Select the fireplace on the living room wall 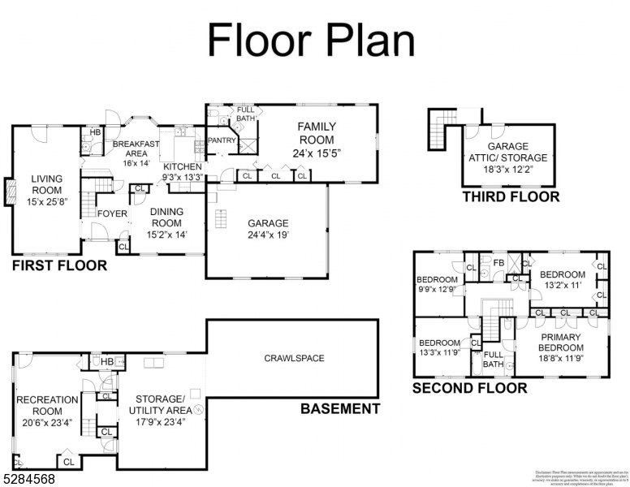[x=10, y=191]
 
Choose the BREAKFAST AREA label [x=132, y=153]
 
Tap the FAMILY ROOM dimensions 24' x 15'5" [x=316, y=152]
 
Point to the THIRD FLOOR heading [x=511, y=196]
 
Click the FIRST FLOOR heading [x=59, y=265]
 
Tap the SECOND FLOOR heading [x=469, y=388]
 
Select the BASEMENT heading [x=340, y=408]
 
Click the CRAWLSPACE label [x=294, y=358]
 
